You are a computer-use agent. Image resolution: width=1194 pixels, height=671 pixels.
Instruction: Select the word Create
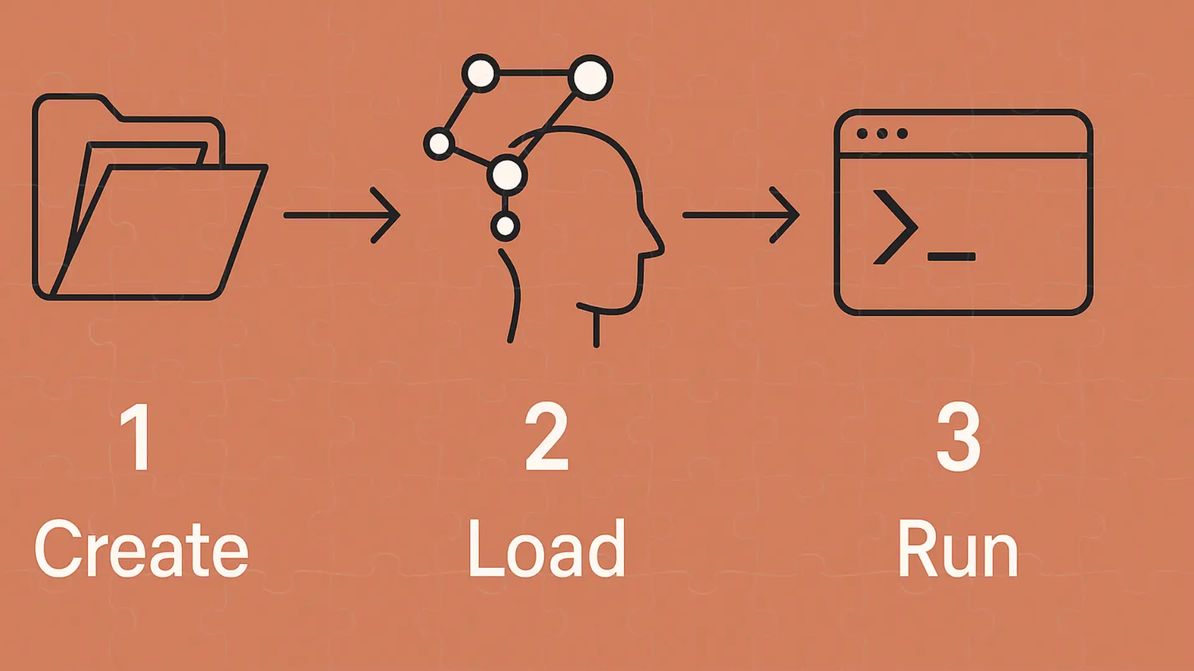(x=142, y=549)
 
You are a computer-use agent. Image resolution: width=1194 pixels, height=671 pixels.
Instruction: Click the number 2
(x=547, y=437)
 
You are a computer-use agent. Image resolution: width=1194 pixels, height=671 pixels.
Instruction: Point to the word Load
(x=547, y=549)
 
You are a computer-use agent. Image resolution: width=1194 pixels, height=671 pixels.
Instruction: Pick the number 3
(x=958, y=437)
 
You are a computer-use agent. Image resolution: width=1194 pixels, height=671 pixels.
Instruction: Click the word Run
(x=958, y=549)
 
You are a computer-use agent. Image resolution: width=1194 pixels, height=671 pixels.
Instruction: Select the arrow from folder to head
(x=341, y=215)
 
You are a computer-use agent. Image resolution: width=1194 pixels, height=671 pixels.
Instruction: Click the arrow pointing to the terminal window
(x=741, y=215)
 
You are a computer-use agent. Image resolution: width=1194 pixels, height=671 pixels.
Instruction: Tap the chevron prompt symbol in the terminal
(x=895, y=227)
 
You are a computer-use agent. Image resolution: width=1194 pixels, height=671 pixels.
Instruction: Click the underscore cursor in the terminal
(x=951, y=257)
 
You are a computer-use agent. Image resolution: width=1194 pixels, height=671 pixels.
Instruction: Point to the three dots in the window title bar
(x=882, y=134)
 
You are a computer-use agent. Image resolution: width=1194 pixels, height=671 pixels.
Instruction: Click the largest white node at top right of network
(x=590, y=78)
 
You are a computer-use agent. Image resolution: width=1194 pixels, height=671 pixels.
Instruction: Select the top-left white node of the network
(x=481, y=74)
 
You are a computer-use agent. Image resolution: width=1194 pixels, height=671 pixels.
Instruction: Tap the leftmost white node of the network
(x=440, y=144)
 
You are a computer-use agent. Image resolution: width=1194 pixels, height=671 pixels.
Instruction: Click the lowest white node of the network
(x=505, y=226)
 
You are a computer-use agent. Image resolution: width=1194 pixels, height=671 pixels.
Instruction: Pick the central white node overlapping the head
(x=507, y=175)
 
